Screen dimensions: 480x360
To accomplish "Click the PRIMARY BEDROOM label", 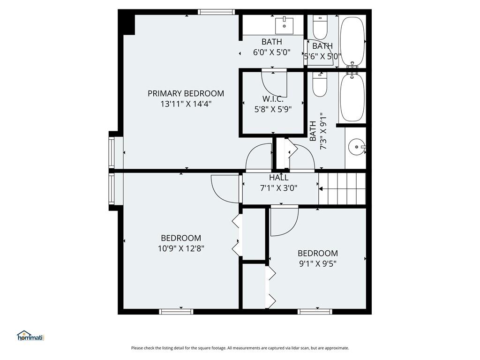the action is pos(186,93).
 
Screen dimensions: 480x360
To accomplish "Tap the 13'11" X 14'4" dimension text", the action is pos(186,104).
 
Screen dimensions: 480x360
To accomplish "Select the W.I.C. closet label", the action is pos(273,99).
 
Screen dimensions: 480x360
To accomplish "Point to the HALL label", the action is pos(278,178).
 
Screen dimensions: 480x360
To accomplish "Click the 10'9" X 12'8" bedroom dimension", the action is pos(181,248).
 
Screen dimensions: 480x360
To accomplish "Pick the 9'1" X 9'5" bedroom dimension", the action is pos(318,263).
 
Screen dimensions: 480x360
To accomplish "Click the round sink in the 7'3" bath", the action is pos(357,147).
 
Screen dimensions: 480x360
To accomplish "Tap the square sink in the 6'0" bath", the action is pos(285,26).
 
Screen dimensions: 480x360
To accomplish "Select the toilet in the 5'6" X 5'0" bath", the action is pos(320,27).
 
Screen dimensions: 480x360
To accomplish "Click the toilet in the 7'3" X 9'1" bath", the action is pos(320,84).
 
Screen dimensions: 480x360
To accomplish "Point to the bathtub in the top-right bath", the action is pos(352,41).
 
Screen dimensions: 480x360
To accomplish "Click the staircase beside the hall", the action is pos(342,189).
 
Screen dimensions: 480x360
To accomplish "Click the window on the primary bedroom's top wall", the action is pos(216,12).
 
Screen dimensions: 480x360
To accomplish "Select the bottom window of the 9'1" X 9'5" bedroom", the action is pos(315,312).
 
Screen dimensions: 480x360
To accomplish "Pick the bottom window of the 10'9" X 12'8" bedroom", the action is pos(176,312).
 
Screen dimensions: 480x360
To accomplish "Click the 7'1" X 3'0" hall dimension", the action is pos(278,188).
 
